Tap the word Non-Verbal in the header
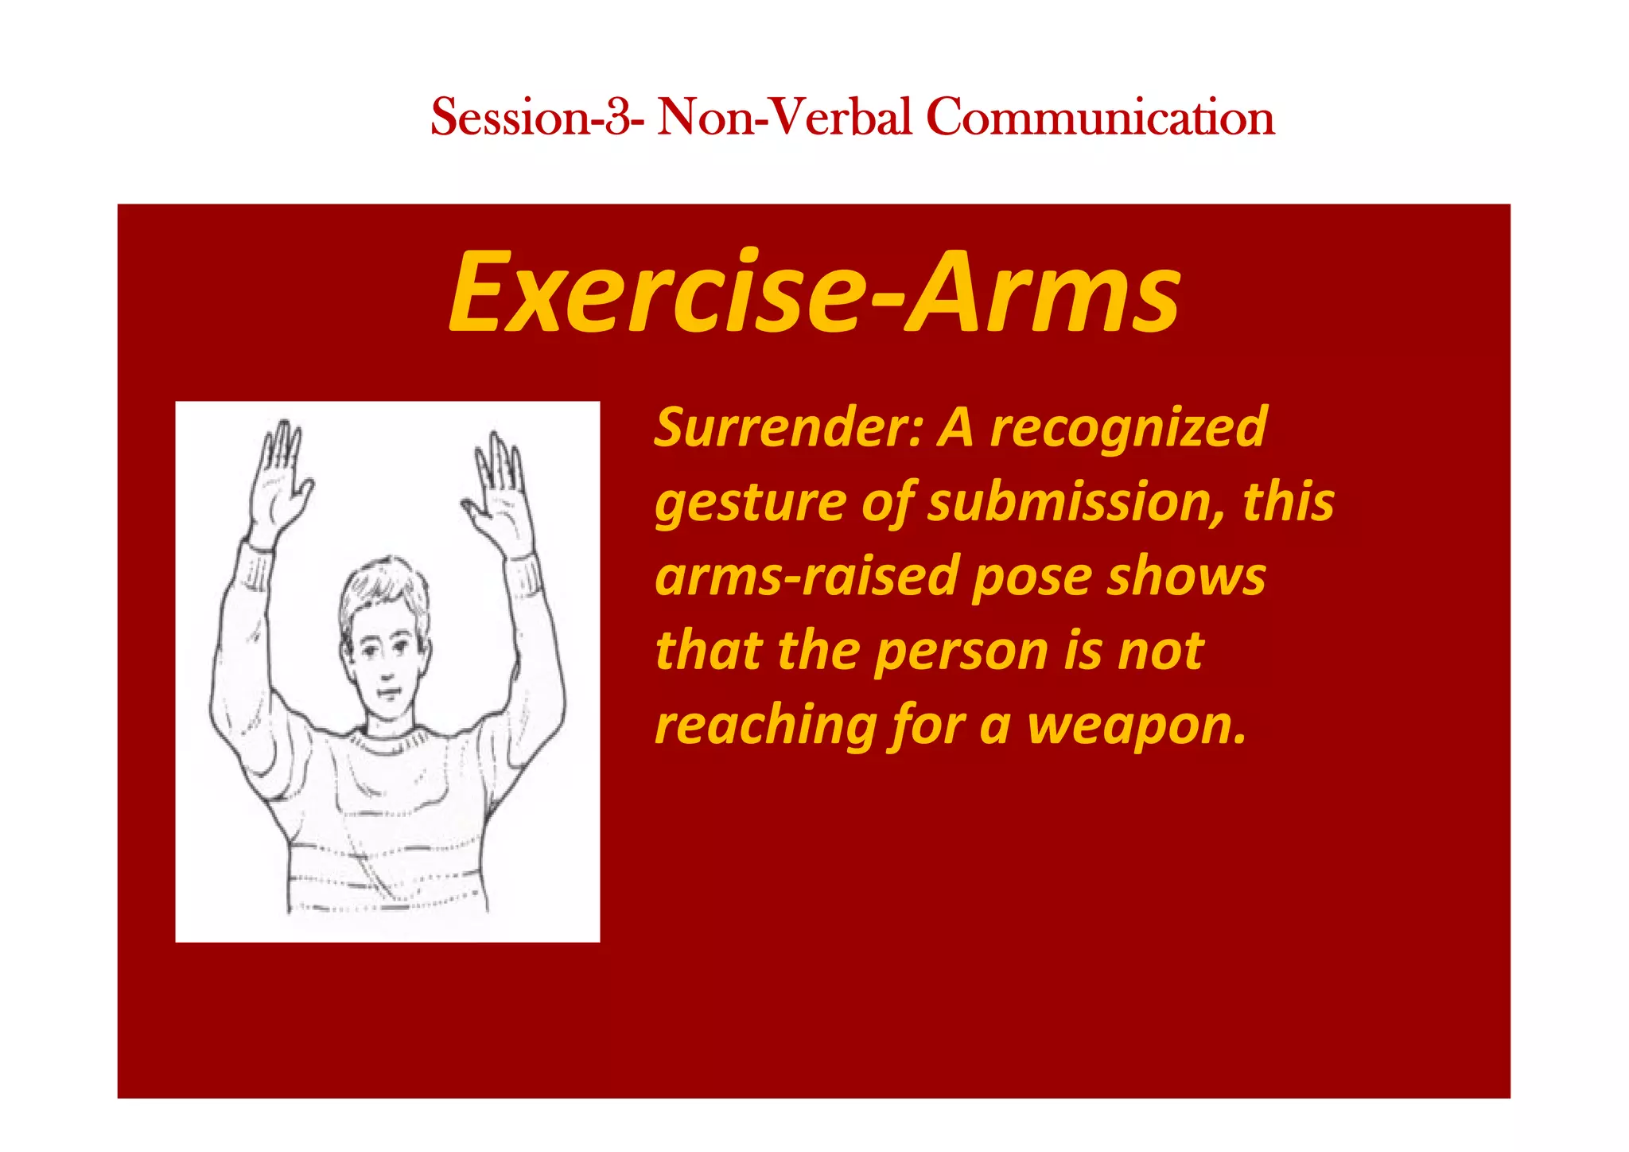point(783,118)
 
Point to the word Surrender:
point(788,428)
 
